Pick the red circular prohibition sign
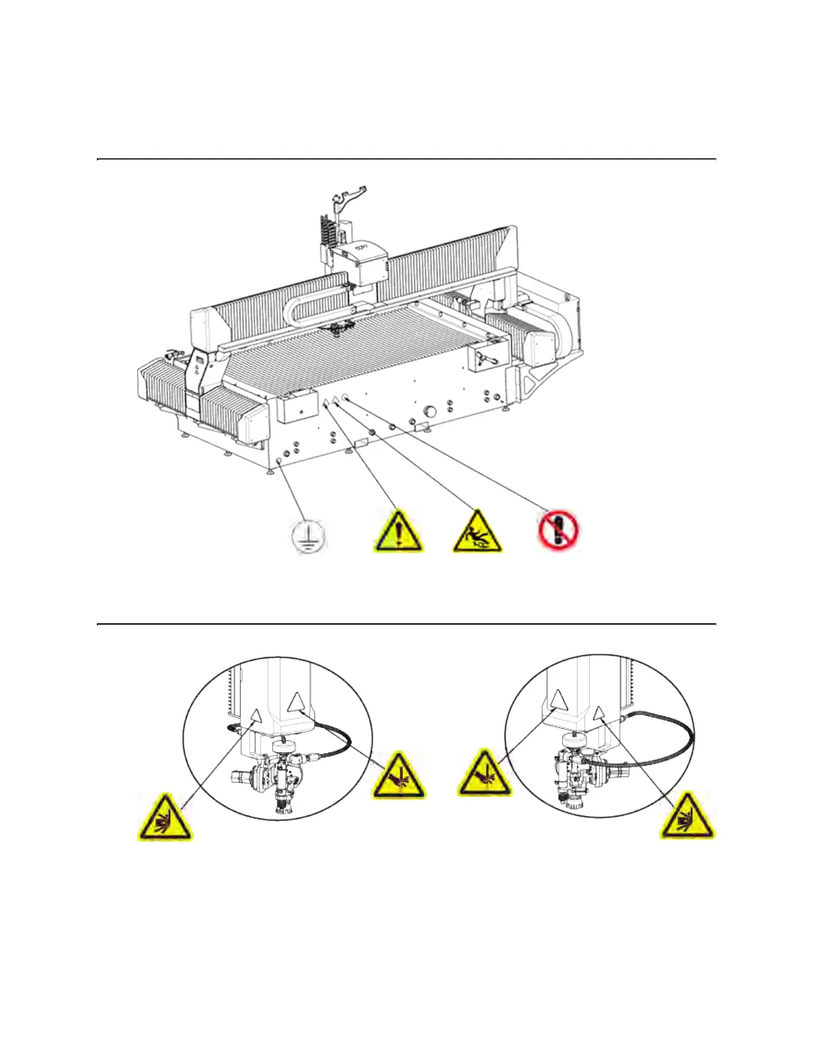coord(558,530)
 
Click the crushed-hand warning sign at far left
coord(164,819)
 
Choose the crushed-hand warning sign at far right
coord(687,817)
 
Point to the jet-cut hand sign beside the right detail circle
coord(484,776)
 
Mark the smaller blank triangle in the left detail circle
coord(254,715)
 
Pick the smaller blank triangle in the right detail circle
coord(599,712)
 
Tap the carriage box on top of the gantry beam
coord(366,262)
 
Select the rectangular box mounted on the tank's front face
coord(297,406)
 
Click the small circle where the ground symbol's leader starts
coord(279,461)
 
